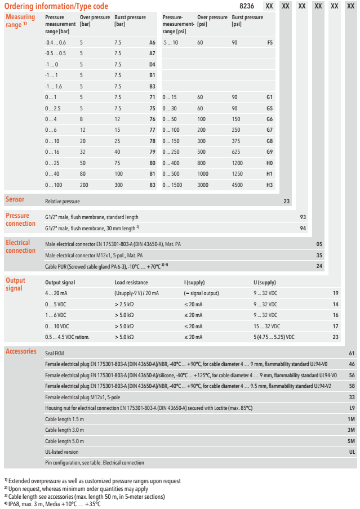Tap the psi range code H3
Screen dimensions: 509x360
(x=270, y=185)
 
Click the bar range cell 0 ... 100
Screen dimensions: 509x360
(x=55, y=185)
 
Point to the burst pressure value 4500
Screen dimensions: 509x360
(x=239, y=185)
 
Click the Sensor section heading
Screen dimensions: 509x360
(x=15, y=200)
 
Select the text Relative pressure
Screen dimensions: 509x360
(x=63, y=201)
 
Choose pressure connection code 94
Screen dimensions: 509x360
(x=303, y=228)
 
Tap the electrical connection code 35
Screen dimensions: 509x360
(x=319, y=255)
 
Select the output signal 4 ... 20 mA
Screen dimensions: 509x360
(x=57, y=293)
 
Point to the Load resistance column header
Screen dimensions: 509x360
(x=131, y=283)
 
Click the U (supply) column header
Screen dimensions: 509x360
(x=265, y=283)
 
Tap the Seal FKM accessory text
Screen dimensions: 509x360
(x=55, y=354)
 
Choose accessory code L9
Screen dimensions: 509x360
(x=352, y=408)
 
